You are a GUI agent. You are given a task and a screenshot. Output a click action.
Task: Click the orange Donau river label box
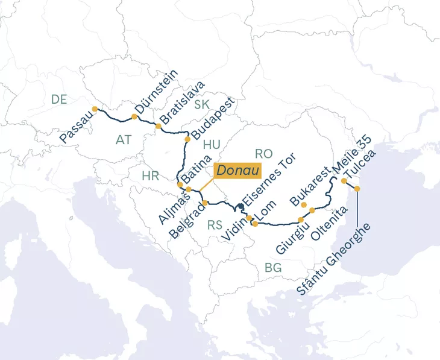(237, 171)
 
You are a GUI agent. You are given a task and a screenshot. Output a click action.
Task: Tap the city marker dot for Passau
(95, 109)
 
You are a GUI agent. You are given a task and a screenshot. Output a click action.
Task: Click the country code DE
(59, 100)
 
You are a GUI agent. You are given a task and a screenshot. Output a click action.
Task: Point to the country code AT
(123, 140)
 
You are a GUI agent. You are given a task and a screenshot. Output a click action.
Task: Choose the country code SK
(202, 105)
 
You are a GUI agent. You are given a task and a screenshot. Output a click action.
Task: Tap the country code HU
(212, 145)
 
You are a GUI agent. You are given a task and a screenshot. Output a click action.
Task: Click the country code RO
(264, 154)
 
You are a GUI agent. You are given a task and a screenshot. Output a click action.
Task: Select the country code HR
(150, 176)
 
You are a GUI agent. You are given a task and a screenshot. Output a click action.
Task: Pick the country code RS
(215, 226)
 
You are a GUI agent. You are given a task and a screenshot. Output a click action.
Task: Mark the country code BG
(273, 268)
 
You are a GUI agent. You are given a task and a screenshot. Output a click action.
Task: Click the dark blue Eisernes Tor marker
(240, 207)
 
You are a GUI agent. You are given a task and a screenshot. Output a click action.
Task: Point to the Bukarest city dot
(304, 206)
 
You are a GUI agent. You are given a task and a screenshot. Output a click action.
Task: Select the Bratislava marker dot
(158, 126)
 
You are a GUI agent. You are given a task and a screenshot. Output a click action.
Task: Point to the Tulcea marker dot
(357, 189)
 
